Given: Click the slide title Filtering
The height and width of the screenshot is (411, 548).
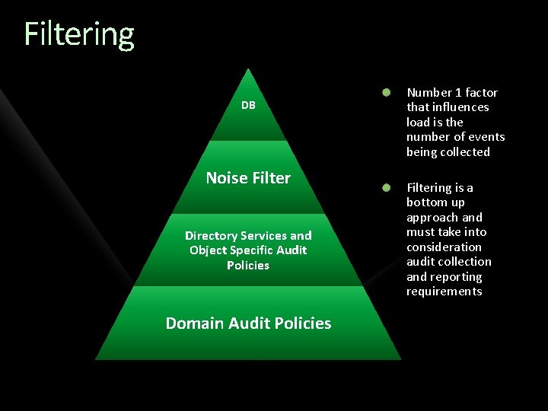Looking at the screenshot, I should [x=79, y=34].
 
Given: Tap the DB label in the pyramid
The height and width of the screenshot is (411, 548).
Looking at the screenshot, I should [x=248, y=105].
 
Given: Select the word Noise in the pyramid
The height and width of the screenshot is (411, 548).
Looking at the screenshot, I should [x=227, y=178].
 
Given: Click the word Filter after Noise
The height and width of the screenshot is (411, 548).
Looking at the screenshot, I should [x=271, y=178].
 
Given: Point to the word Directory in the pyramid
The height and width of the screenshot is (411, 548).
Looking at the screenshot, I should [x=211, y=236].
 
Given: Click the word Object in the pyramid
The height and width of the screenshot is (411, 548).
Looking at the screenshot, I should [x=208, y=250].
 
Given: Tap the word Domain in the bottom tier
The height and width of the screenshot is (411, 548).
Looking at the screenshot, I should [x=193, y=323].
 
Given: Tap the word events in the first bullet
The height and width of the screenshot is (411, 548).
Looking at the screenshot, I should [x=487, y=137].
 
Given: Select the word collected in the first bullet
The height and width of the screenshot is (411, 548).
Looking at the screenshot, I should [x=465, y=152].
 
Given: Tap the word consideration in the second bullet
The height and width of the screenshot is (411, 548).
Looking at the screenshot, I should [x=444, y=247].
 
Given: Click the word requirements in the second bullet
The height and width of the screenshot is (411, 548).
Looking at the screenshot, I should [x=444, y=292].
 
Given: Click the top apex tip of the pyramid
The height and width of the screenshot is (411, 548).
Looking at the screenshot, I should [x=249, y=70].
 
